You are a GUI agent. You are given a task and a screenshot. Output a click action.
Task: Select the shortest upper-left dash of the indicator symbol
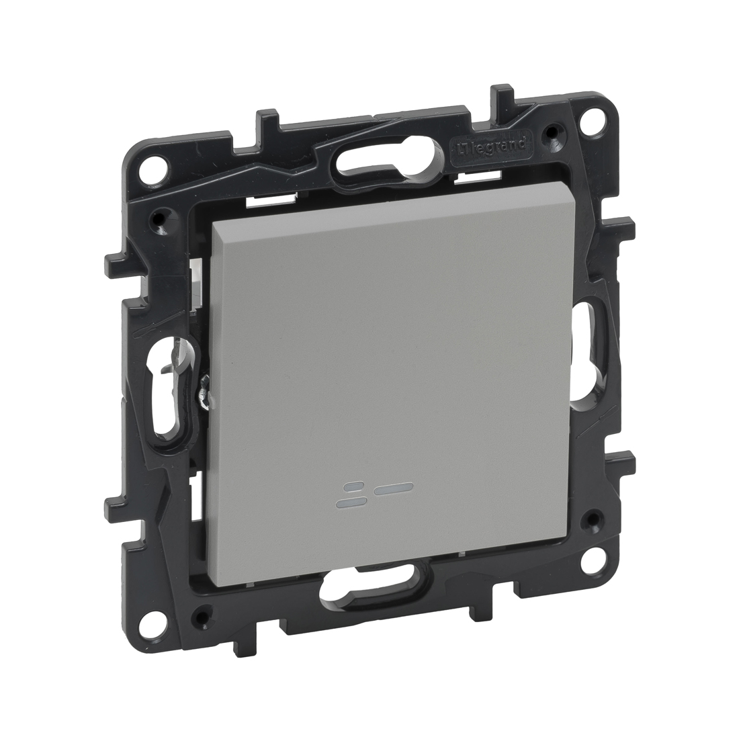351,485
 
